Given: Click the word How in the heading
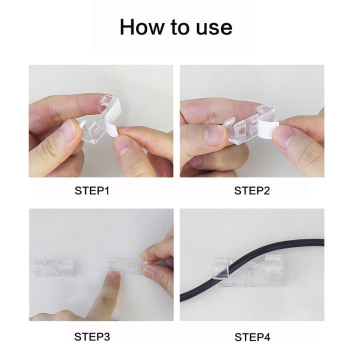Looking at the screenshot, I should click(141, 26).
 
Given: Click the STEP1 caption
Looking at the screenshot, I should click(92, 190).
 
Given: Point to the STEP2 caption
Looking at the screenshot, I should click(252, 190).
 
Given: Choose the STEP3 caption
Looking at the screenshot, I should click(92, 336).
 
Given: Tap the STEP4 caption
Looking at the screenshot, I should click(252, 336).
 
